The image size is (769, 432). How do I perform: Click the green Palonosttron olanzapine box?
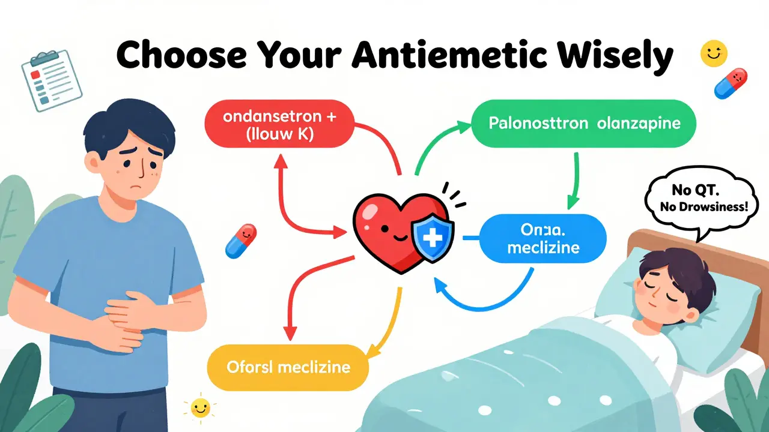pyautogui.click(x=585, y=124)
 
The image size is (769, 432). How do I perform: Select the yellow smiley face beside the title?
pyautogui.click(x=714, y=53)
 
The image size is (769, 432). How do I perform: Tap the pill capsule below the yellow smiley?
pyautogui.click(x=731, y=83)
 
